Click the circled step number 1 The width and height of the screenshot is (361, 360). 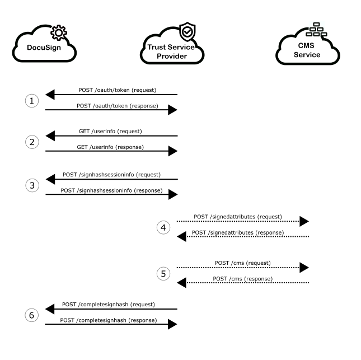tap(32, 101)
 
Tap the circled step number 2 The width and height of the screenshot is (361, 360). tap(32, 142)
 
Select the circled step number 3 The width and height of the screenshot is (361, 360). tap(32, 185)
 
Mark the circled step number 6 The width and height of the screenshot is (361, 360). tap(32, 315)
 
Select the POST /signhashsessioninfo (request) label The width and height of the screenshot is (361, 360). tap(111, 174)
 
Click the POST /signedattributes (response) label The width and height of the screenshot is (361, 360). tap(237, 232)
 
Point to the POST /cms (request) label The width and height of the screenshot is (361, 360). tap(243, 262)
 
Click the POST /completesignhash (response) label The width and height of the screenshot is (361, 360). tap(109, 320)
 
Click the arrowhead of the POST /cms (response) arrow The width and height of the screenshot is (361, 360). tap(182, 284)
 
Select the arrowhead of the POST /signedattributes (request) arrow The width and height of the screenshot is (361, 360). tap(303, 222)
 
